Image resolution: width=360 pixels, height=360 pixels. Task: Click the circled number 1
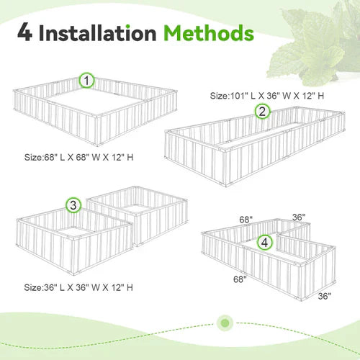coord(86,81)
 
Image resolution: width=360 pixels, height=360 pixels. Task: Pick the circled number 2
coord(262,111)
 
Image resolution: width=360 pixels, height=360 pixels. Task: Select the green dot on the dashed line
coord(226,321)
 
